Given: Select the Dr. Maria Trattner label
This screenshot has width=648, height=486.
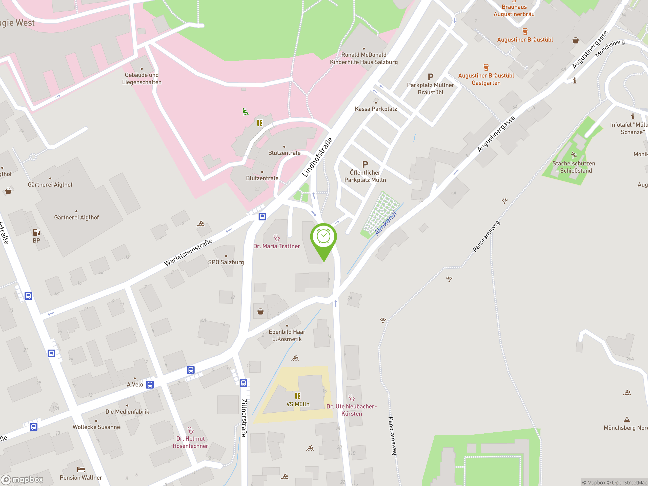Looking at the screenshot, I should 277,246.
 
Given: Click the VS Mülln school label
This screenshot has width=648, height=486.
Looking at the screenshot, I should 298,404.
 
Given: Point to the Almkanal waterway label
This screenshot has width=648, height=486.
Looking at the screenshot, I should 386,223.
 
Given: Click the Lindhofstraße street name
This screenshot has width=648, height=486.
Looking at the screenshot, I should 318,157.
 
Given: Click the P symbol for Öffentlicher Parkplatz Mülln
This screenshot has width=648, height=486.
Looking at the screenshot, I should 365,165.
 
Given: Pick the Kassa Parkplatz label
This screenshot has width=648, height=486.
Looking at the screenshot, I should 376,109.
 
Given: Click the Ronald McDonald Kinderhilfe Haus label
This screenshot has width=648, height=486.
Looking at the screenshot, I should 364,58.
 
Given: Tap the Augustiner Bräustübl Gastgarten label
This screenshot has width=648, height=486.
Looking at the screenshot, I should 486,79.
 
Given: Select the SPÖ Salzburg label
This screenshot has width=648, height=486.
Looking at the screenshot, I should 226,262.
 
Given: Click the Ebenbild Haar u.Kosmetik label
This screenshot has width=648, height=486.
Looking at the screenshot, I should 287,335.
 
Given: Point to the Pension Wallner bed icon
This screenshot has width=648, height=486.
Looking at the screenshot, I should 81,470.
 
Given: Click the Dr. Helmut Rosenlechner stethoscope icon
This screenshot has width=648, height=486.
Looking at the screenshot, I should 191,430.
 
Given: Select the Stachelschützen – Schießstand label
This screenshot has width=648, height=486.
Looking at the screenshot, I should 574,167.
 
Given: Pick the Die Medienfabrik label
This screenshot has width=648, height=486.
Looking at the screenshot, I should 127,412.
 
